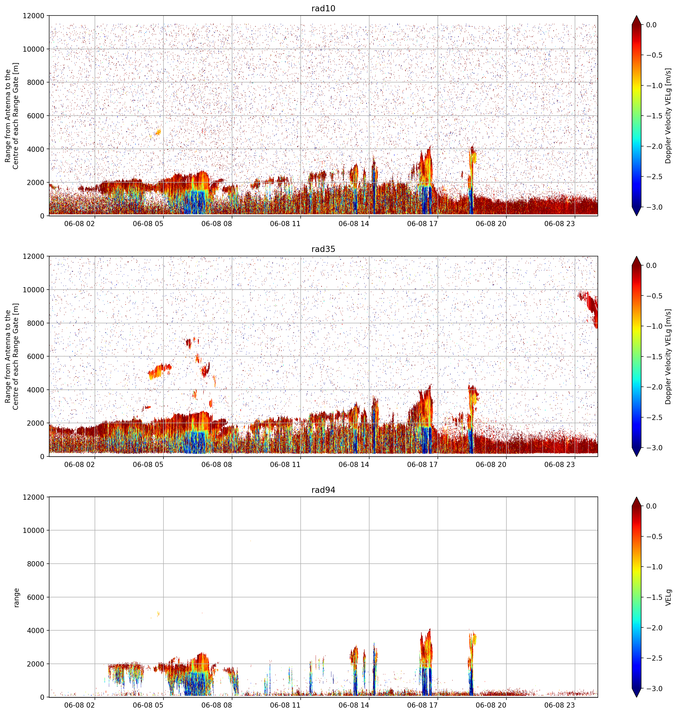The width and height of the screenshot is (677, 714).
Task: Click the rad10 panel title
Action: pyautogui.click(x=323, y=8)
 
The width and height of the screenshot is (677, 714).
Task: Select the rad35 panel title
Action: pyautogui.click(x=323, y=249)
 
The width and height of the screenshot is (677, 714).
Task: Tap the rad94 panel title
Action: pyautogui.click(x=323, y=490)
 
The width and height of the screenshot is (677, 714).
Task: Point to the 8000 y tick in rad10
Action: pyautogui.click(x=36, y=82)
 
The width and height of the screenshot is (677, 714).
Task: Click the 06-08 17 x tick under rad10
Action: pyautogui.click(x=422, y=224)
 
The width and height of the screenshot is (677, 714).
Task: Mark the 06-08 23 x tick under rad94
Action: pyautogui.click(x=559, y=705)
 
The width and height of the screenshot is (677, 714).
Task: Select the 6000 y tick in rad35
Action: pyautogui.click(x=36, y=357)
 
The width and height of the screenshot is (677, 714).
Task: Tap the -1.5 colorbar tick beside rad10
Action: pyautogui.click(x=654, y=116)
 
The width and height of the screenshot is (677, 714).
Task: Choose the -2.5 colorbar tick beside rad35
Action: pyautogui.click(x=654, y=418)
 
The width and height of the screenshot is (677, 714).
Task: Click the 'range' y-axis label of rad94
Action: pyautogui.click(x=16, y=597)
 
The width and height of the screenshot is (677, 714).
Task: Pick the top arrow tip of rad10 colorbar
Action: pyautogui.click(x=637, y=16)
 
